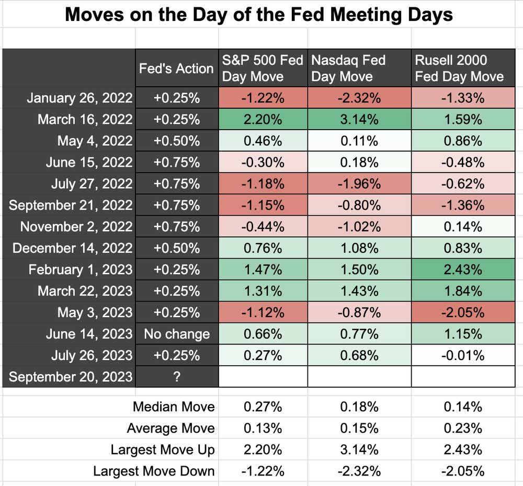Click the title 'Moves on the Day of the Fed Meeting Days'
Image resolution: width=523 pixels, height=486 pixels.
(258, 15)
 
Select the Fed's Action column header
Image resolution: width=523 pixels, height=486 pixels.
(176, 68)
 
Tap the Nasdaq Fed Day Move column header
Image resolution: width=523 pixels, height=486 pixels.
(348, 68)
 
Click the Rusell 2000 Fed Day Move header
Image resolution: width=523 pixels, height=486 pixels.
(459, 68)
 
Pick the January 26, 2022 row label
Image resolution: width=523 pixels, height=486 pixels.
(79, 98)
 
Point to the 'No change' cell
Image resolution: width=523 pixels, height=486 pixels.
(177, 334)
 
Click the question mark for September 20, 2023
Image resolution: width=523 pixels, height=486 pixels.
(177, 377)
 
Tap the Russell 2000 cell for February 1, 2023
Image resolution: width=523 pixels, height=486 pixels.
(463, 270)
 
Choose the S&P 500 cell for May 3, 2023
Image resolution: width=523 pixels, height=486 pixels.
(263, 313)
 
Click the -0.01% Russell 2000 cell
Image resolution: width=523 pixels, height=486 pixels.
(463, 355)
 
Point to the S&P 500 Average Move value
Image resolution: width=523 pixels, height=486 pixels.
(263, 429)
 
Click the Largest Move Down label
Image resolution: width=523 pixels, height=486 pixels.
(154, 471)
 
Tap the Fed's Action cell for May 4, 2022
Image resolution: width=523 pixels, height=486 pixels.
(177, 141)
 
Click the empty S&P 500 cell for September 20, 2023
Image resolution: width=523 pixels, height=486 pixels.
(263, 377)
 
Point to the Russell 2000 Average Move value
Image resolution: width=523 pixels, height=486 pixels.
(463, 429)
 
